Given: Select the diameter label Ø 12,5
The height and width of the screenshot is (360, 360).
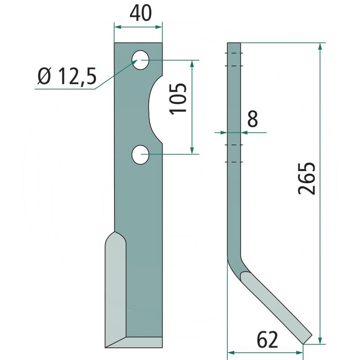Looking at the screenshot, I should tap(67, 77).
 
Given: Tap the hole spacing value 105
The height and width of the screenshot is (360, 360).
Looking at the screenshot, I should tap(179, 98).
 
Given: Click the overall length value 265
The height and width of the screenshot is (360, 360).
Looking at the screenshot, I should tap(308, 178).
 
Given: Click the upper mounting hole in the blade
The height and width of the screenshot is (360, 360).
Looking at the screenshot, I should tap(141, 60).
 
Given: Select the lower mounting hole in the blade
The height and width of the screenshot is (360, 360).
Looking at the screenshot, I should tap(141, 155).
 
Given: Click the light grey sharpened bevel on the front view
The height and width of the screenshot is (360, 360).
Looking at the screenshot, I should tap(116, 292).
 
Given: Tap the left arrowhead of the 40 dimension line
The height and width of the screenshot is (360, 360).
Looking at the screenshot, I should tap(117, 27).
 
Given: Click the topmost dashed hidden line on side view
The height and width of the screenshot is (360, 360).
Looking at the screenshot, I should tap(234, 54).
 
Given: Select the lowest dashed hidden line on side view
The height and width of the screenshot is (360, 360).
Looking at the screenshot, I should tap(234, 162).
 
